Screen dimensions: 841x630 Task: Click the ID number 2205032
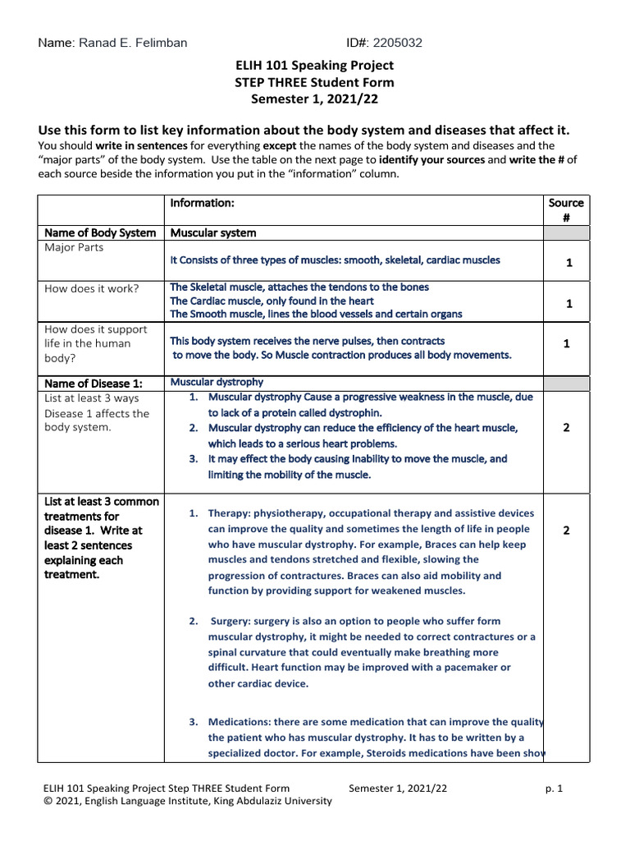[398, 43]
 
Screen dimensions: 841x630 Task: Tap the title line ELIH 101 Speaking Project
[314, 65]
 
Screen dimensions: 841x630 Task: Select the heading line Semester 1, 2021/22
[314, 99]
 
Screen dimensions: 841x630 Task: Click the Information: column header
[203, 203]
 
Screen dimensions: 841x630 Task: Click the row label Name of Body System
[100, 233]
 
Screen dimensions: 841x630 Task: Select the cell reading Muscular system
[213, 233]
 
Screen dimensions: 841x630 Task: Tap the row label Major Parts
[74, 247]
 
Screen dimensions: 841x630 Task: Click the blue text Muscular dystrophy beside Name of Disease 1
[217, 383]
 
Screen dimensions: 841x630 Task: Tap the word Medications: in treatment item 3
[242, 723]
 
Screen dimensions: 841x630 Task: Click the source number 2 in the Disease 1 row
[566, 428]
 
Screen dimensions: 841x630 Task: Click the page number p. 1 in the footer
[555, 788]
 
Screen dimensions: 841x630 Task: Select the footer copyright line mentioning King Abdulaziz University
[187, 802]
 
